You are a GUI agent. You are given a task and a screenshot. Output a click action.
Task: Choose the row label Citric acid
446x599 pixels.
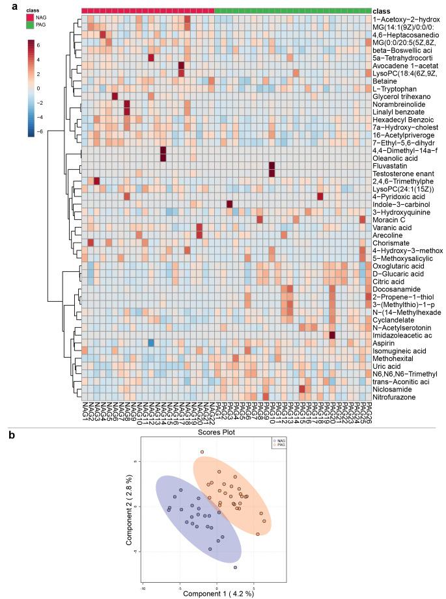(x=389, y=280)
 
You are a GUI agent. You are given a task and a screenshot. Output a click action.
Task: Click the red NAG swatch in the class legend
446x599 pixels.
(x=31, y=18)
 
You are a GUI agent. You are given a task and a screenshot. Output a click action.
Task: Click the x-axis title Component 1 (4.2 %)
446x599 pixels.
(x=219, y=593)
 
